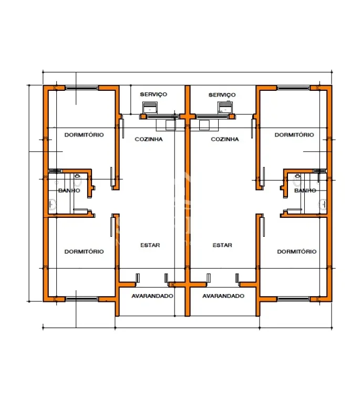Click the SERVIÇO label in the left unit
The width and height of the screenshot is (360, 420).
153,94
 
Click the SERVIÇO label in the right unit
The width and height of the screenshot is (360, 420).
222,95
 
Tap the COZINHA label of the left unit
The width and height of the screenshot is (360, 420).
149,139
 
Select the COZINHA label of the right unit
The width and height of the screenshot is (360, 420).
224,139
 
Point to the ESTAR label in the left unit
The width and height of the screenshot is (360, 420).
150,245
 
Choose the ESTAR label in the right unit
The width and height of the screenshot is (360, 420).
222,245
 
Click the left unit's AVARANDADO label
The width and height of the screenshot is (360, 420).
152,296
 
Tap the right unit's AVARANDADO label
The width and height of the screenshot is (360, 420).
223,296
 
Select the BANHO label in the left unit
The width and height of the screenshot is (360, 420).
69,191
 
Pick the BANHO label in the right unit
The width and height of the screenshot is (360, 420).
305,191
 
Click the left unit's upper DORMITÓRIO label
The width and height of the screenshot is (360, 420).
84,135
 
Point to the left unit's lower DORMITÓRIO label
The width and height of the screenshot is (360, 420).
84,251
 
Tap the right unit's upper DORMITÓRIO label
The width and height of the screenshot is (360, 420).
294,135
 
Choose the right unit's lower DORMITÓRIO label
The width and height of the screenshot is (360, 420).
297,251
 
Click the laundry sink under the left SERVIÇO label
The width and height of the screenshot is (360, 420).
150,108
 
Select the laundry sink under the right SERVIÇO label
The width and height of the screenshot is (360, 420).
225,108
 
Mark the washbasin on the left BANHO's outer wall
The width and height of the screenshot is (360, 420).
52,204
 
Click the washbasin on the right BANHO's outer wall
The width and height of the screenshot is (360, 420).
323,204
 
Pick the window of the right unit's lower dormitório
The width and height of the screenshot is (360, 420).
294,299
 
